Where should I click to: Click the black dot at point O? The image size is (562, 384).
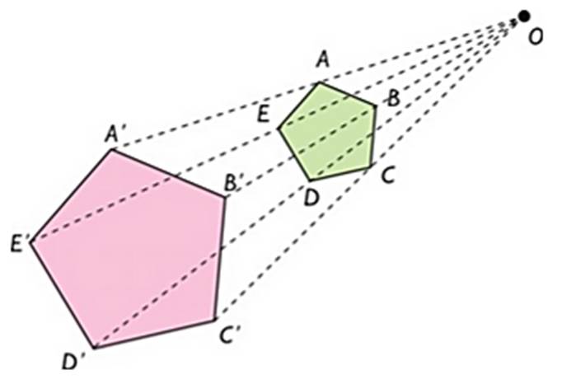[x=524, y=16]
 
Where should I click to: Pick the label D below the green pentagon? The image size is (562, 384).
[x=311, y=197]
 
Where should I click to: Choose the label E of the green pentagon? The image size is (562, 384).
[x=265, y=115]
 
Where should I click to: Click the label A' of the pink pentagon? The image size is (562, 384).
[x=115, y=133]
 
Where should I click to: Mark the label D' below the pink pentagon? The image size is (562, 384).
[x=77, y=362]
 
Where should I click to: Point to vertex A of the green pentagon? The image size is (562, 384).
[x=320, y=82]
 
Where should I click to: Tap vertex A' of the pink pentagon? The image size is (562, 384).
[x=111, y=149]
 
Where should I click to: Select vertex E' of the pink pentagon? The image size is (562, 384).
[x=31, y=244]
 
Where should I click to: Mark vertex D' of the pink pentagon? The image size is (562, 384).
[x=93, y=348]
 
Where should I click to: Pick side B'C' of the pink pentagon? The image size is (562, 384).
[x=220, y=258]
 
